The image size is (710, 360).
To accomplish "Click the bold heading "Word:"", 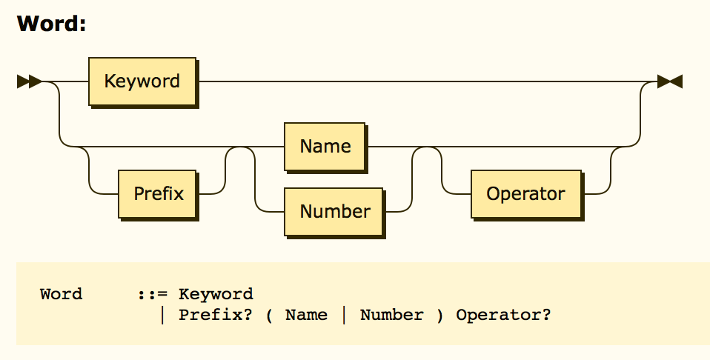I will coord(52,24).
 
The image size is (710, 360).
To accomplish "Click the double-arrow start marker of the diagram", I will coord(30,81).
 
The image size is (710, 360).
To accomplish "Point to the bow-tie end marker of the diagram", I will coord(670,81).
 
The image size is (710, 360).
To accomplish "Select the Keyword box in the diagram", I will coord(142,81).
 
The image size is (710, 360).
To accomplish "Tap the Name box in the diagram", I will coord(325,146).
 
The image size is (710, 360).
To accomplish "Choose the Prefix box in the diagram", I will coord(158,194).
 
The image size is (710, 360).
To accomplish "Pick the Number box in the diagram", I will coord(334,211).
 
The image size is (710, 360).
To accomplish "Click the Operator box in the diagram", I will coord(525,194).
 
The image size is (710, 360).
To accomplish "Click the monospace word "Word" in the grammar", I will coord(61,294).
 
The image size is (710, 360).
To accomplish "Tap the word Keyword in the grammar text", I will coord(216,294).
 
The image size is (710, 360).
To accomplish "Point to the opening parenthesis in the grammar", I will coord(270,315).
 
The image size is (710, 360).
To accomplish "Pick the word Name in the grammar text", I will coord(306,315).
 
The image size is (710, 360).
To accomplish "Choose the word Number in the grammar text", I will coord(391,315).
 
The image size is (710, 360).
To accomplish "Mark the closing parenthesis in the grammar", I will coord(439,315).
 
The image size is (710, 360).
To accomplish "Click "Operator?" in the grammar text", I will coord(503,315).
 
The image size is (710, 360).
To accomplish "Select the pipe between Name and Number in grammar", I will coord(344,315).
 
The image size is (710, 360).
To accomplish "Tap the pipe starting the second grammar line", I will coord(162,315).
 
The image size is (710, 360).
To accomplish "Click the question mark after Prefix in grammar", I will coord(248,315).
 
